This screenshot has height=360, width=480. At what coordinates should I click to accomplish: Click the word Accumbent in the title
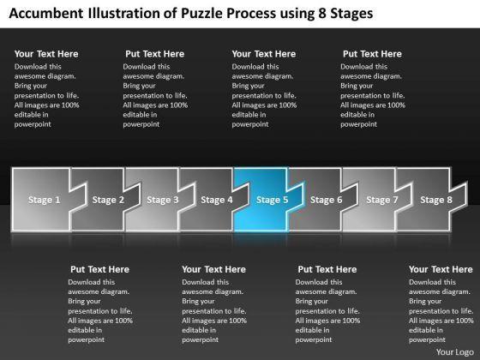pos(46,14)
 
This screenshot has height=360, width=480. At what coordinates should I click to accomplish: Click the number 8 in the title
pos(321,14)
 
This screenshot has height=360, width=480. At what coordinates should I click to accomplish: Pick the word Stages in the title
pos(351,14)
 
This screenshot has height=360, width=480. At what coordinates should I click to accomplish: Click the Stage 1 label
pos(44,200)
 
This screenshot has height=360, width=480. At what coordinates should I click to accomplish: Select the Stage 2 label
pos(108,200)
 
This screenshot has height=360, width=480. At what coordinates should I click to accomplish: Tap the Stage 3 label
pos(163,200)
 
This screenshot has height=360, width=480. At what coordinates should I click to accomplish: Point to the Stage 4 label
pos(217,200)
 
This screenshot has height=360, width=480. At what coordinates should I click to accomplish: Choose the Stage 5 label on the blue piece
pos(273,200)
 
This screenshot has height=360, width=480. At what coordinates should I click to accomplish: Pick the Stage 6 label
pos(326,200)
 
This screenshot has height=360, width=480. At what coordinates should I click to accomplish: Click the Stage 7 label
pos(382,200)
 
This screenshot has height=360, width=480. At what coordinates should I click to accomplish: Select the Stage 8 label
pos(436,200)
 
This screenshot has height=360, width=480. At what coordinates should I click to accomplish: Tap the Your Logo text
pos(455,352)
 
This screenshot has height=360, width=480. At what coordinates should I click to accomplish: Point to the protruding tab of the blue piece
pos(295,198)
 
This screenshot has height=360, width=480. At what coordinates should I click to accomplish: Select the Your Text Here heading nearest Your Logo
pos(441,269)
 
